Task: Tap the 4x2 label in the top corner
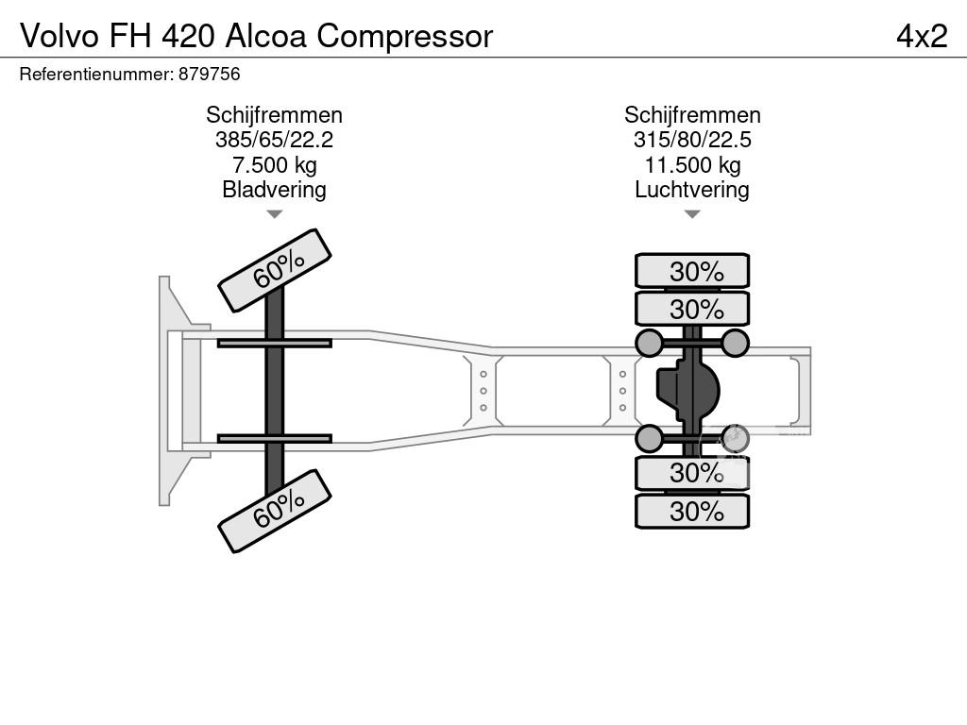tap(921, 36)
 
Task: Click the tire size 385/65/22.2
tap(274, 141)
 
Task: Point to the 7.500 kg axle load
tap(274, 165)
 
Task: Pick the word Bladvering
tap(274, 190)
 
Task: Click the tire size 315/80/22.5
tap(692, 141)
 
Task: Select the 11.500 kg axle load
tap(692, 165)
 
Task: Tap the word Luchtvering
tap(692, 190)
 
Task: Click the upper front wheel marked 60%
tap(275, 270)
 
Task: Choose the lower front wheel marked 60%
tap(275, 511)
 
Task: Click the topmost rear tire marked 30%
tap(692, 271)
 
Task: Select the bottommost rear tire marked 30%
tap(692, 512)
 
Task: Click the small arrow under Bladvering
tap(274, 214)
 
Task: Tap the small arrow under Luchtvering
tap(692, 214)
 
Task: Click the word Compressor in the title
tap(405, 36)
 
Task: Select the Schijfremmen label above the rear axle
tap(692, 115)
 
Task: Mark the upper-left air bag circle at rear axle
tap(649, 343)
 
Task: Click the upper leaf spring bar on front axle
tap(274, 344)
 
